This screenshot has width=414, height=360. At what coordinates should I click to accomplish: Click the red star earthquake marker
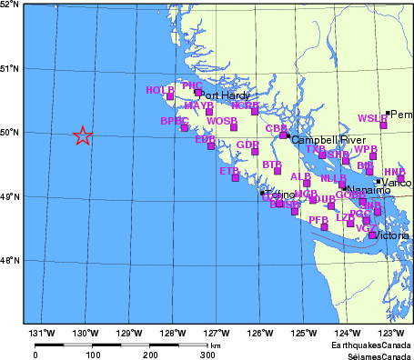coord(82,136)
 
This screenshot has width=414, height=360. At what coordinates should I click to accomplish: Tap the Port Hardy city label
coord(224,95)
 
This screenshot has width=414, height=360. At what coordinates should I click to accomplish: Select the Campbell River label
coord(321,140)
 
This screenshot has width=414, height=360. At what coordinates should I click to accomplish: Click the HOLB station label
coord(159,90)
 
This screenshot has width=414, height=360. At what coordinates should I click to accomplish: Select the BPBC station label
coord(174,121)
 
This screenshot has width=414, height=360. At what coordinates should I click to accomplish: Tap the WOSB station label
coord(222,121)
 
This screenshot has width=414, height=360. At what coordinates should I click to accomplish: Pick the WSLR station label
coord(372,118)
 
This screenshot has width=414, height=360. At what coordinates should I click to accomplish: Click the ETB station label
coord(229,170)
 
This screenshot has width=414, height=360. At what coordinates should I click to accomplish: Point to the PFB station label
coord(318,220)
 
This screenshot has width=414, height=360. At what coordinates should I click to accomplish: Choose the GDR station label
coord(247,145)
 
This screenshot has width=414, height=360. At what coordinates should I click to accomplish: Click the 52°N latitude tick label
coord(10,5)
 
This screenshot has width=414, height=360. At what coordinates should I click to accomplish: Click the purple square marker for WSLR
coord(383,125)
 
